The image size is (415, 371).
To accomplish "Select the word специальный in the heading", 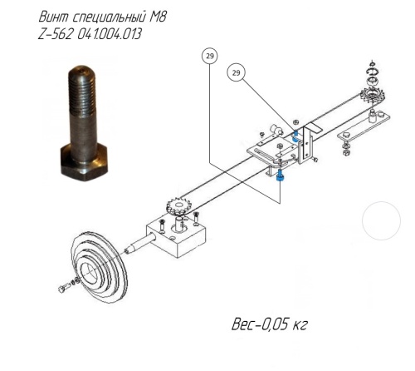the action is [109, 17].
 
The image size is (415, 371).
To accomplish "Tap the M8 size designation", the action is [158, 17].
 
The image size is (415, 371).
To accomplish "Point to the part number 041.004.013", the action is [110, 34].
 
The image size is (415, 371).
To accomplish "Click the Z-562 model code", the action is [56, 34].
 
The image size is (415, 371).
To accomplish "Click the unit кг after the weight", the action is [300, 325].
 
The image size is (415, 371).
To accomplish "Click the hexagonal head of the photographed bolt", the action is [84, 162].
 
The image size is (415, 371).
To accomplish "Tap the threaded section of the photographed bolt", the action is [82, 94].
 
